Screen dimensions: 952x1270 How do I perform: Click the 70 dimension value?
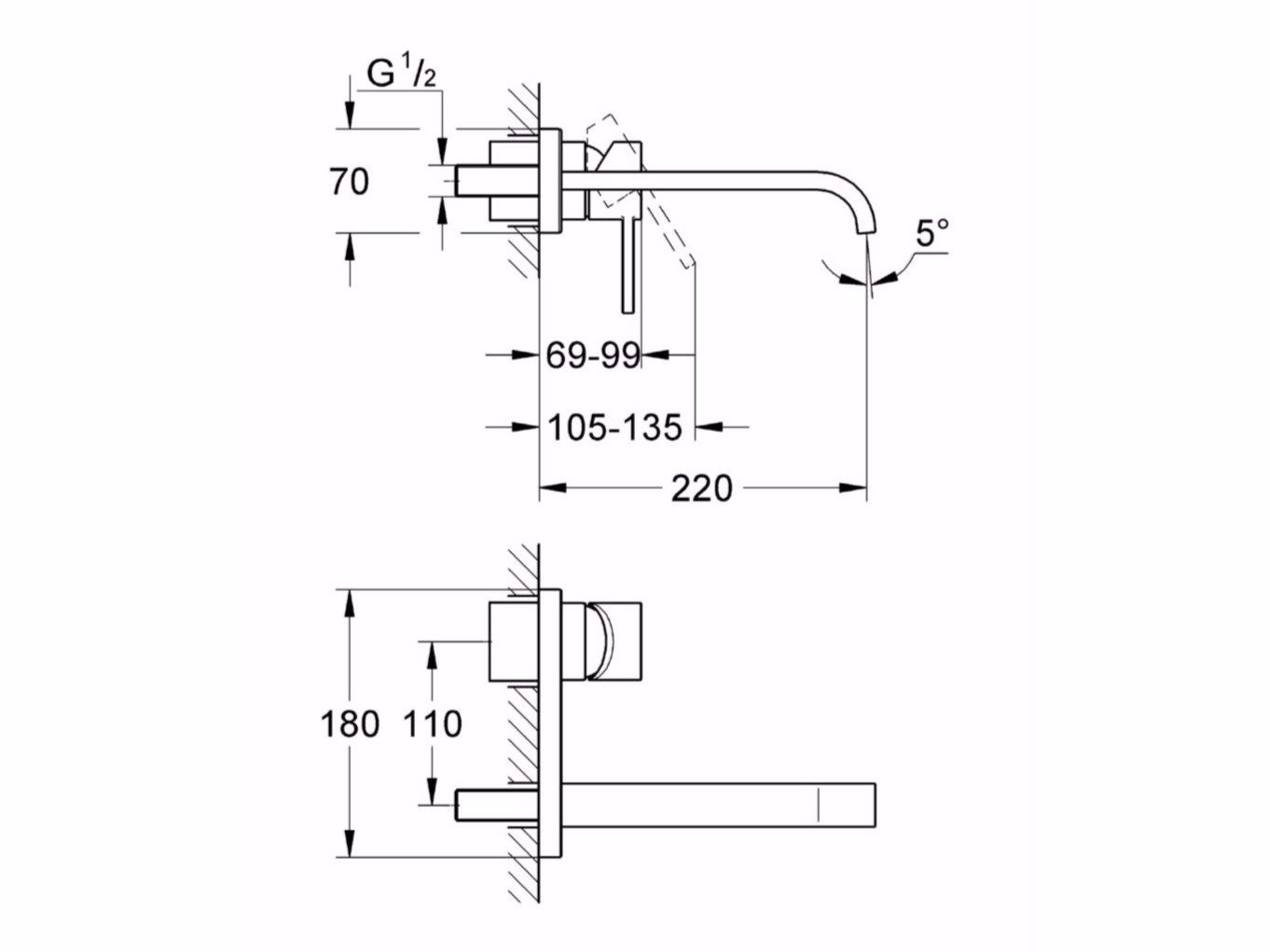349,182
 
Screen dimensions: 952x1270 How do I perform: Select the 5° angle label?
931,232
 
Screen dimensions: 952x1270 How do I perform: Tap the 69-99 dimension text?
592,355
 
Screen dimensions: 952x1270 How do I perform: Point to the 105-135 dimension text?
614,427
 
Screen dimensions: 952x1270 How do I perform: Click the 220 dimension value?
701,488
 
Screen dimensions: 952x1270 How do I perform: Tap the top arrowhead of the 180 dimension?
350,602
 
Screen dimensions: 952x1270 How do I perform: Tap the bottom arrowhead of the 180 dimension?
350,844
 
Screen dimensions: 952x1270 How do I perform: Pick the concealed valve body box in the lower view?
513,642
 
